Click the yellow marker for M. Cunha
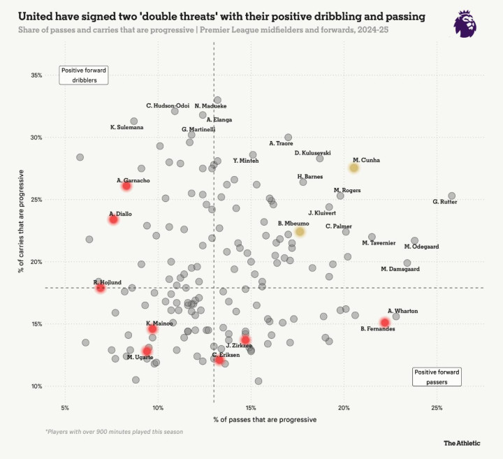click(354, 168)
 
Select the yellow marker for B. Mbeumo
click(300, 231)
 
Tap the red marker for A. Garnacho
click(126, 187)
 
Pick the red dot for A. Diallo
click(113, 219)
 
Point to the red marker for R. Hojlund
click(101, 287)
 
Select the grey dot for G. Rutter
click(451, 196)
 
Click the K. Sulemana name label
click(126, 127)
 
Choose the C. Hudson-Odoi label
click(168, 105)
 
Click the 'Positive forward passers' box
click(437, 377)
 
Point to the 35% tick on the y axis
click(36, 75)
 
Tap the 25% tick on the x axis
click(437, 407)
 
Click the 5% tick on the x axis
click(65, 407)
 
